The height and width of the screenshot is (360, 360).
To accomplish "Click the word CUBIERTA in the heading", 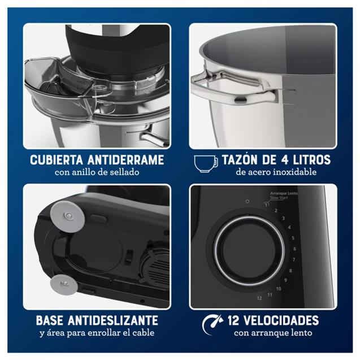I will [x=56, y=160].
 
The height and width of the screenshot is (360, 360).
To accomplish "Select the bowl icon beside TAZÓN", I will [x=206, y=163].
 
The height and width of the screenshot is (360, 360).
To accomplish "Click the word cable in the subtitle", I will [x=145, y=333].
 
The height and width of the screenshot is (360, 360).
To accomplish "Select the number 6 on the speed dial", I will [x=294, y=248].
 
